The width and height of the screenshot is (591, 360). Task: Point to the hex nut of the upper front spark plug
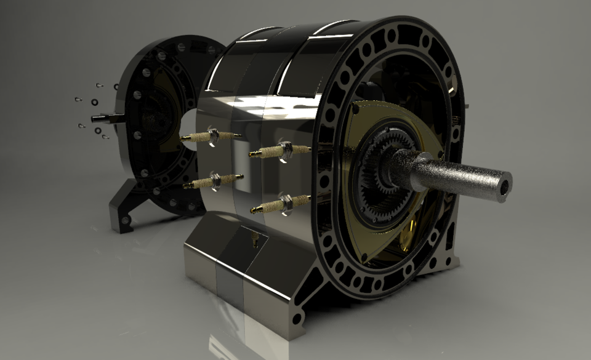[x=285, y=148]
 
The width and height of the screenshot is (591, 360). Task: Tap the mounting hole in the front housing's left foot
[x=297, y=319]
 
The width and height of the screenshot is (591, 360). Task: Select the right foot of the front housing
[x=450, y=258]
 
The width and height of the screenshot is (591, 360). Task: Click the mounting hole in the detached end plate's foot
[x=125, y=220]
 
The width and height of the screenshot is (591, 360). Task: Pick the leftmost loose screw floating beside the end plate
[x=77, y=99]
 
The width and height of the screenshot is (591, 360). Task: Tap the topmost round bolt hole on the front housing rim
[x=392, y=36]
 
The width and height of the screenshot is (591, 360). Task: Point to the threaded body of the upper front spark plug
[x=301, y=149]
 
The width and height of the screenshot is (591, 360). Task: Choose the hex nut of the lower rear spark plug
[x=216, y=180]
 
